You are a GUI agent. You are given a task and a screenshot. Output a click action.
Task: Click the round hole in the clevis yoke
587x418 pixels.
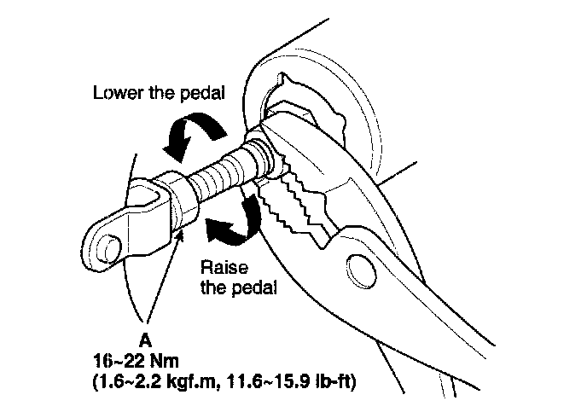[x=109, y=247]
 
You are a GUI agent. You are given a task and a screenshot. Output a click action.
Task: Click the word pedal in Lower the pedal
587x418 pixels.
[x=204, y=92]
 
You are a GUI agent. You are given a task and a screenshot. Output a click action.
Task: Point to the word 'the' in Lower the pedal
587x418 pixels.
[x=161, y=92]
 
